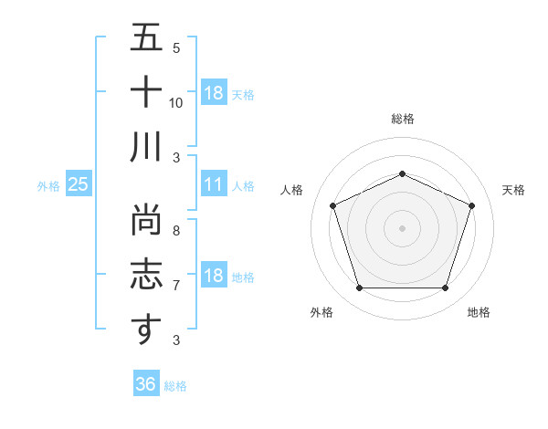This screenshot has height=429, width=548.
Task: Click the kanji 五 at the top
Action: point(146,37)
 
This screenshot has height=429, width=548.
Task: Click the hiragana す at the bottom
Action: point(146,330)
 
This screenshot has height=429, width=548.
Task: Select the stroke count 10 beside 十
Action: point(176,102)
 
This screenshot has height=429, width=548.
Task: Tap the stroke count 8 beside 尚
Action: point(176,232)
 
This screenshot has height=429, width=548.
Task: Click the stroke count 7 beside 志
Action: point(176,286)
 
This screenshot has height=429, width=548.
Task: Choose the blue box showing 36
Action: point(145,384)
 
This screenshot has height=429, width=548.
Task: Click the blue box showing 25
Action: point(79,184)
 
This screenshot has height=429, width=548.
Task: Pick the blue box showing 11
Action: point(213,184)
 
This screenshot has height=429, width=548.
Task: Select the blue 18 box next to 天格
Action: point(213,93)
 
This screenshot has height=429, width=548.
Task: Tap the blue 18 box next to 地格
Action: point(213,276)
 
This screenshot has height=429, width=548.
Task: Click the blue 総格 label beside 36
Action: point(175,386)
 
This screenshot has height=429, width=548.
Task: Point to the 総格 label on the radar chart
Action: point(402,119)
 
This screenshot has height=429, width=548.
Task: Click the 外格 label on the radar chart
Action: point(321,312)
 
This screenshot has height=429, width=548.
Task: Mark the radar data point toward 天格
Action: point(472,205)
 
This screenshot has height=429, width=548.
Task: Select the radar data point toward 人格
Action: point(332,205)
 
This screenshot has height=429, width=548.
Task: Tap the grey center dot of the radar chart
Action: point(402,228)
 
